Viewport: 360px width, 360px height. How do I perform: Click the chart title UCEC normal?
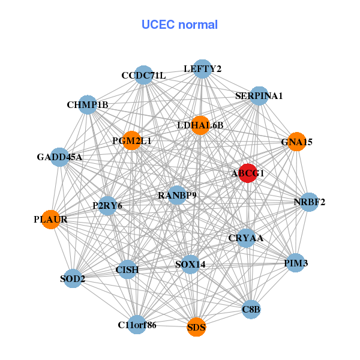pyautogui.click(x=179, y=25)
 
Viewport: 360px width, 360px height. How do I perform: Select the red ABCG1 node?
pyautogui.click(x=248, y=172)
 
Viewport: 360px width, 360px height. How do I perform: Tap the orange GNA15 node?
pyautogui.click(x=296, y=142)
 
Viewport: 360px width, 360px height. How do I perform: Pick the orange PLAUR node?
pyautogui.click(x=51, y=219)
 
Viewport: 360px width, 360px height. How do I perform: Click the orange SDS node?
pyautogui.click(x=196, y=327)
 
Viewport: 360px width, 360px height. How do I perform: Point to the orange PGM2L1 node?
pyautogui.click(x=131, y=140)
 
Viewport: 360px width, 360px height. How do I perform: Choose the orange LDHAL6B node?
pyautogui.click(x=200, y=125)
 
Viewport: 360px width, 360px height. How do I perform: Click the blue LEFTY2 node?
pyautogui.click(x=202, y=69)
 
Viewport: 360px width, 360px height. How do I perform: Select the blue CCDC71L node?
pyautogui.click(x=143, y=75)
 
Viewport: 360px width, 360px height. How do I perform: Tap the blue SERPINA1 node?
pyautogui.click(x=259, y=95)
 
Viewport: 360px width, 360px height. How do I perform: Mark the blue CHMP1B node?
pyautogui.click(x=88, y=105)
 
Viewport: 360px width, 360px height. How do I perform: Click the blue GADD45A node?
pyautogui.click(x=59, y=157)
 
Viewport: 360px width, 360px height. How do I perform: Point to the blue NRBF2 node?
pyautogui.click(x=309, y=202)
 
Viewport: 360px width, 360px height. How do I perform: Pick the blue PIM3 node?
pyautogui.click(x=295, y=263)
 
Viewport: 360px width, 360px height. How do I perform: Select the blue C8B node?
pyautogui.click(x=251, y=310)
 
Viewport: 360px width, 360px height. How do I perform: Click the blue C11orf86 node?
pyautogui.click(x=137, y=325)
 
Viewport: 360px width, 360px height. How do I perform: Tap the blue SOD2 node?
pyautogui.click(x=73, y=278)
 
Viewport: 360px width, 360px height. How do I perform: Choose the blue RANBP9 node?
pyautogui.click(x=177, y=195)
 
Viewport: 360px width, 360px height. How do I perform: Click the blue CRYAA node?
pyautogui.click(x=245, y=238)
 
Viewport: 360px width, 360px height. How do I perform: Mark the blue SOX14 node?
pyautogui.click(x=190, y=264)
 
